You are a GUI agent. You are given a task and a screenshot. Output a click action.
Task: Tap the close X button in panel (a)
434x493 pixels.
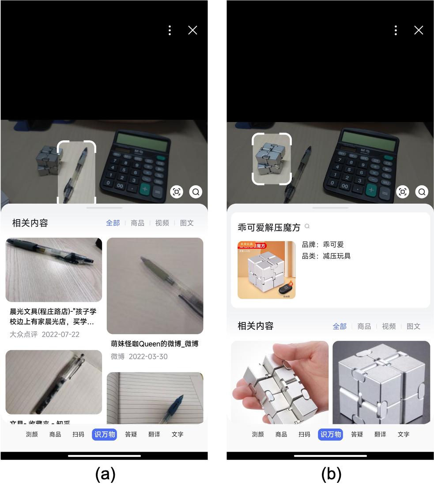[x=192, y=30]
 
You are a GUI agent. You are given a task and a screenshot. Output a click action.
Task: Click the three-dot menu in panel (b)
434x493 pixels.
[x=396, y=30]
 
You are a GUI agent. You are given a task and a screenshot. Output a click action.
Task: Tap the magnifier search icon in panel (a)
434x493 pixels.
[x=196, y=192]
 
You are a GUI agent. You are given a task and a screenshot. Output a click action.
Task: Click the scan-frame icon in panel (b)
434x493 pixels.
[x=402, y=192]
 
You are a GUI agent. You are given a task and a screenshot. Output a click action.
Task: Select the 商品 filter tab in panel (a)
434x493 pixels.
[x=137, y=223]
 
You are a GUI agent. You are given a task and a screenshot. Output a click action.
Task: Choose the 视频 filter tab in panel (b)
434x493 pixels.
[x=389, y=326]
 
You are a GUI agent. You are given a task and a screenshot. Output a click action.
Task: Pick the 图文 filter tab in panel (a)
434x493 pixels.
[x=187, y=223]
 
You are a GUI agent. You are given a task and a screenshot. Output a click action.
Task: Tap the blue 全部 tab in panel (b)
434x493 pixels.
[x=340, y=326]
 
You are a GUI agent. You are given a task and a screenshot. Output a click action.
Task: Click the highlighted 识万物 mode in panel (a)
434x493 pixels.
[x=104, y=434]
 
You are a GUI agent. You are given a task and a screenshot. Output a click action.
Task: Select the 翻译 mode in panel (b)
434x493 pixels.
[x=380, y=434]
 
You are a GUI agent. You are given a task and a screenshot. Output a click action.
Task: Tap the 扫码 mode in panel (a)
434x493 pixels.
[x=78, y=434]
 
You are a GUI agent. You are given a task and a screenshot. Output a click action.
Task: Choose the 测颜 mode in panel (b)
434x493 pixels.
[x=258, y=434]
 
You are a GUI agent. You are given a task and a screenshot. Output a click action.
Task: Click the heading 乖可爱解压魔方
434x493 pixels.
[x=269, y=228]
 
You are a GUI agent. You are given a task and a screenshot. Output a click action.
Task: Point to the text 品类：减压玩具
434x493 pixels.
[x=326, y=256]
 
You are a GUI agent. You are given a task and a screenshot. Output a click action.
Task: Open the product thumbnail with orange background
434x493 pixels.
[x=266, y=270]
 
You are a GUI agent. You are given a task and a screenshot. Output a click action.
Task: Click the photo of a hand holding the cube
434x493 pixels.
[x=279, y=382]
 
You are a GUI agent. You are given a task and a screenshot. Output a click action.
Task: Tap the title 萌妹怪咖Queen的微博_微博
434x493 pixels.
[x=155, y=344]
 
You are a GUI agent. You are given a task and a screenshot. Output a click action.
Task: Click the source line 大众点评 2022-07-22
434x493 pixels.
[x=45, y=334]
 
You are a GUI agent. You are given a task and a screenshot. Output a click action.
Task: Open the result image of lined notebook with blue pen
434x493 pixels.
[x=155, y=397]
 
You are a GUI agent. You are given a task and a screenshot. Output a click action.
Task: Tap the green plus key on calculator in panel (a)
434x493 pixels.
[x=145, y=190]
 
